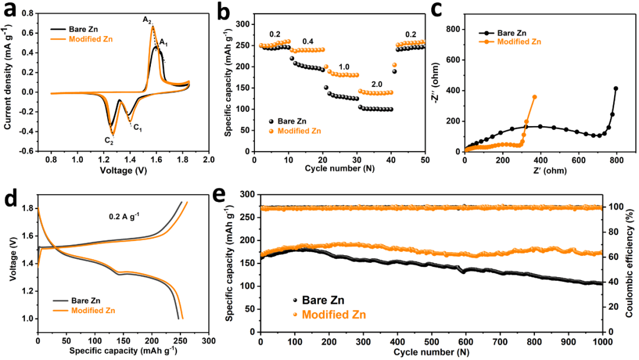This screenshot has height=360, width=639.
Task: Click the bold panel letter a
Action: (x=10, y=10)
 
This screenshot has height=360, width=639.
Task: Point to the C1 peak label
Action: (x=137, y=126)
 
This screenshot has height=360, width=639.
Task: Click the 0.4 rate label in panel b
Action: (x=308, y=42)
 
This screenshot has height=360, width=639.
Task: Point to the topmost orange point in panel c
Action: (x=535, y=97)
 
